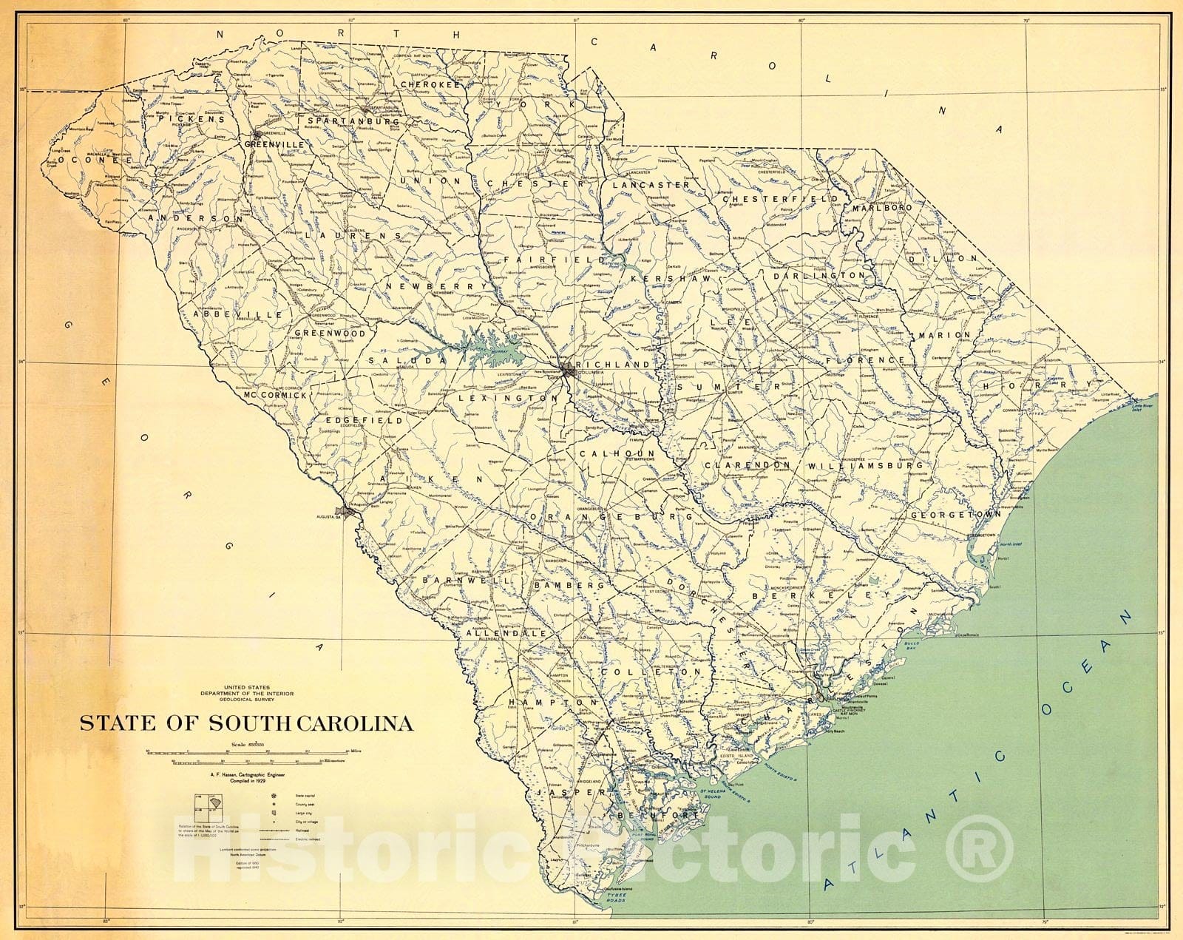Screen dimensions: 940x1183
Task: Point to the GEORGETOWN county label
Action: point(955,514)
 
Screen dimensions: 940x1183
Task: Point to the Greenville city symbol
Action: point(257,135)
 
